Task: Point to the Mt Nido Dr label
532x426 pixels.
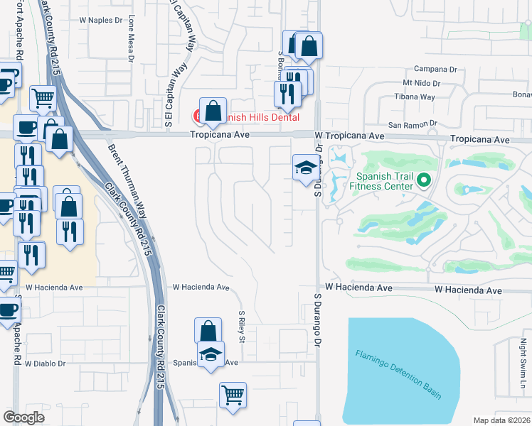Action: [x=422, y=83]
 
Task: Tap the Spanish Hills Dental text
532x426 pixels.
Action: [x=260, y=117]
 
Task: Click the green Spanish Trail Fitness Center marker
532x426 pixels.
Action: [x=424, y=180]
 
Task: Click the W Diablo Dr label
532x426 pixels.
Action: [x=45, y=363]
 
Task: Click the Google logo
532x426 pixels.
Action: [x=23, y=417]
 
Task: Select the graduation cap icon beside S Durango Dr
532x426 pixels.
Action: [x=304, y=168]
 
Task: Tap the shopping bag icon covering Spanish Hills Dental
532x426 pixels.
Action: [x=213, y=111]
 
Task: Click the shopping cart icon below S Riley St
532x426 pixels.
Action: [x=233, y=395]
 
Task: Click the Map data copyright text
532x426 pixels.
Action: [x=501, y=420]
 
